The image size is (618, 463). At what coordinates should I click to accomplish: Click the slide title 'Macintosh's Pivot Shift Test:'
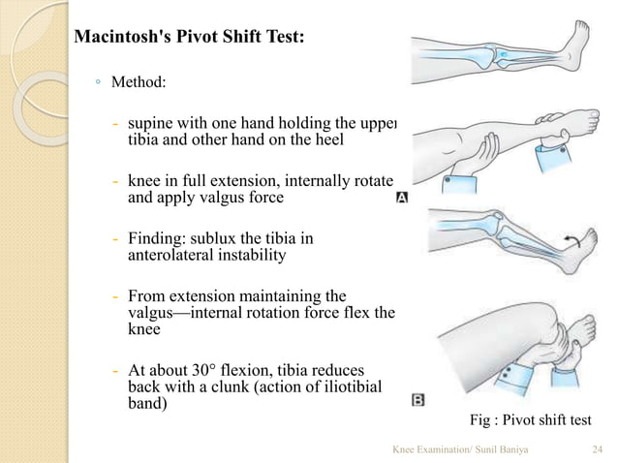[190, 39]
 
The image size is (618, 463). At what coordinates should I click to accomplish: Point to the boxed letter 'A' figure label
[402, 197]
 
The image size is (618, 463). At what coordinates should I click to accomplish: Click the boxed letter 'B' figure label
[417, 398]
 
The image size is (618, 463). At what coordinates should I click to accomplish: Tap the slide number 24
[597, 449]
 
